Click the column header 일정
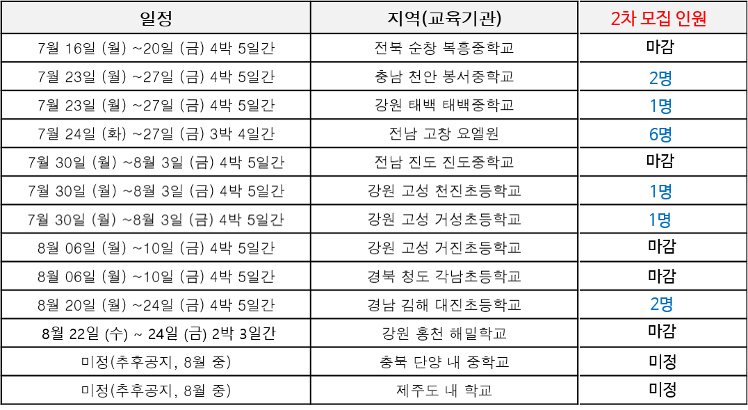click(156, 18)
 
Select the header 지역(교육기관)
click(445, 18)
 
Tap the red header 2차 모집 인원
click(659, 19)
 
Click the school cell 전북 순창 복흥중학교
click(444, 48)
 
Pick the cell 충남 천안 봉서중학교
click(444, 76)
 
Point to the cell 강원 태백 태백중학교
click(444, 105)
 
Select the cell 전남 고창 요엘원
click(444, 133)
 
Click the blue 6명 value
click(660, 134)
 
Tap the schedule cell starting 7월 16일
click(156, 48)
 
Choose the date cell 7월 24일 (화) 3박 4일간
click(156, 134)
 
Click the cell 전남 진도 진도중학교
click(444, 162)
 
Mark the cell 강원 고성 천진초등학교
click(444, 190)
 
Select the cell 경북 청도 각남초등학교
click(444, 277)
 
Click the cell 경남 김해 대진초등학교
click(444, 305)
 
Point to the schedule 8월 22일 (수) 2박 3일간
click(159, 334)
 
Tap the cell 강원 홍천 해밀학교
click(444, 334)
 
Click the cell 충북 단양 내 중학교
click(444, 362)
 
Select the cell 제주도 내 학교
click(444, 391)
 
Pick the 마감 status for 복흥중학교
click(660, 47)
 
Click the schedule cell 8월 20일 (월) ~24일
click(156, 305)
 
